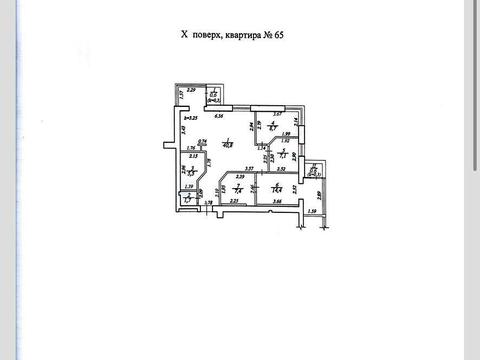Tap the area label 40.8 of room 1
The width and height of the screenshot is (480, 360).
tap(228, 143)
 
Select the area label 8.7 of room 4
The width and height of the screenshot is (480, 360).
tap(274, 128)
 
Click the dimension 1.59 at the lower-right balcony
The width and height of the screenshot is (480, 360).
tap(311, 211)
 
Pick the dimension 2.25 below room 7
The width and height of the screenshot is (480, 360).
tap(233, 203)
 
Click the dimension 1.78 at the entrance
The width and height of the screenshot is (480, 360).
tap(209, 203)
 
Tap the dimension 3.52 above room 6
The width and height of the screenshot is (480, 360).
tap(282, 169)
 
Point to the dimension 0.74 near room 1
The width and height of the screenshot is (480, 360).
tap(202, 141)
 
